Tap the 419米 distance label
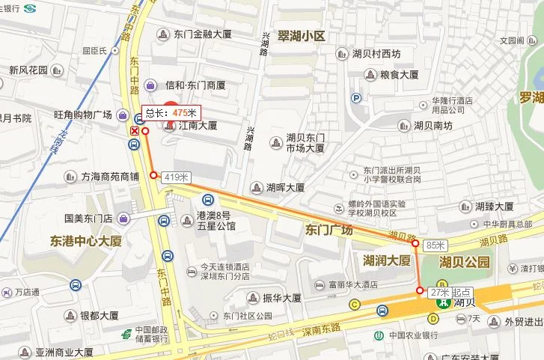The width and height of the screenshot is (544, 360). click(x=175, y=177)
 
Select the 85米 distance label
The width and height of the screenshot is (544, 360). click(x=435, y=245)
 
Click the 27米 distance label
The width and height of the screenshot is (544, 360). click(x=439, y=293)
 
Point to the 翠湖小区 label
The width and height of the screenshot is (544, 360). click(x=301, y=36)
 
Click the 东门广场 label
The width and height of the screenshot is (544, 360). click(x=328, y=230)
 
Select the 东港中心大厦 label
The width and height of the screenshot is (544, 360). click(x=85, y=242)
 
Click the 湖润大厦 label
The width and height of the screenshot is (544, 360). click(x=386, y=260)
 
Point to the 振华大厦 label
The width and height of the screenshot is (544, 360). click(x=281, y=298)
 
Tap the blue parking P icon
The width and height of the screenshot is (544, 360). click(x=357, y=97)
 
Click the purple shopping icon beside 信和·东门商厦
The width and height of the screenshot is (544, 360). click(x=150, y=85)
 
